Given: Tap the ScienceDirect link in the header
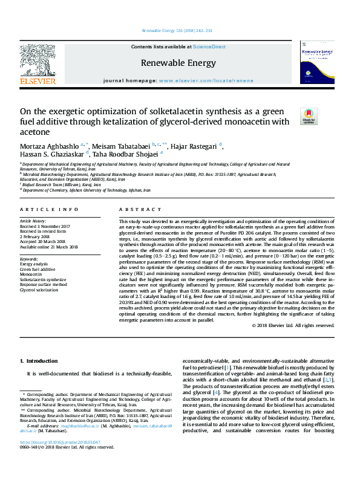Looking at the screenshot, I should [x=209, y=47].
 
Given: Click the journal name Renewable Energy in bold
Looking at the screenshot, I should [x=178, y=62].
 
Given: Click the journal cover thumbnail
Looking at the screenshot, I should [x=317, y=66].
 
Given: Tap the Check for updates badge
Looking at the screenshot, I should [x=309, y=115].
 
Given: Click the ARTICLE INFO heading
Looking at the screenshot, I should [x=49, y=209].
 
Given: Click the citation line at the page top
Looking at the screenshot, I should [x=177, y=30].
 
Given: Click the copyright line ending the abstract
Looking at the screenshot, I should [x=293, y=325].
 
